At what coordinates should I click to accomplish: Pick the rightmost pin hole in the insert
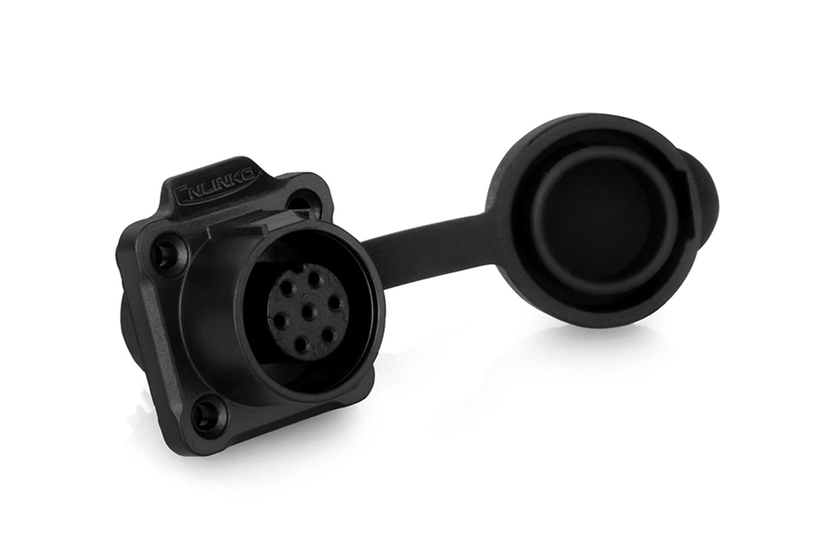(337, 304)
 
